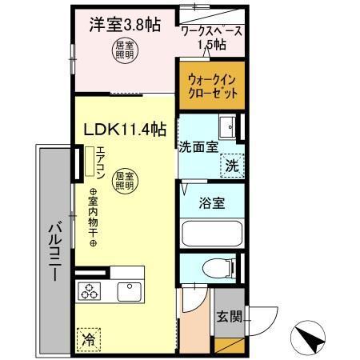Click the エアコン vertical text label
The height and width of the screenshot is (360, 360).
point(100,164)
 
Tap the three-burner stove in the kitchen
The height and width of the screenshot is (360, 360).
point(89,291)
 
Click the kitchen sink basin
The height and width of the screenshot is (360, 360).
point(128,291)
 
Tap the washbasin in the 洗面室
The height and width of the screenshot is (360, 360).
point(227,126)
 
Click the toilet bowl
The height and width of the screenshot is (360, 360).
point(212,268)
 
